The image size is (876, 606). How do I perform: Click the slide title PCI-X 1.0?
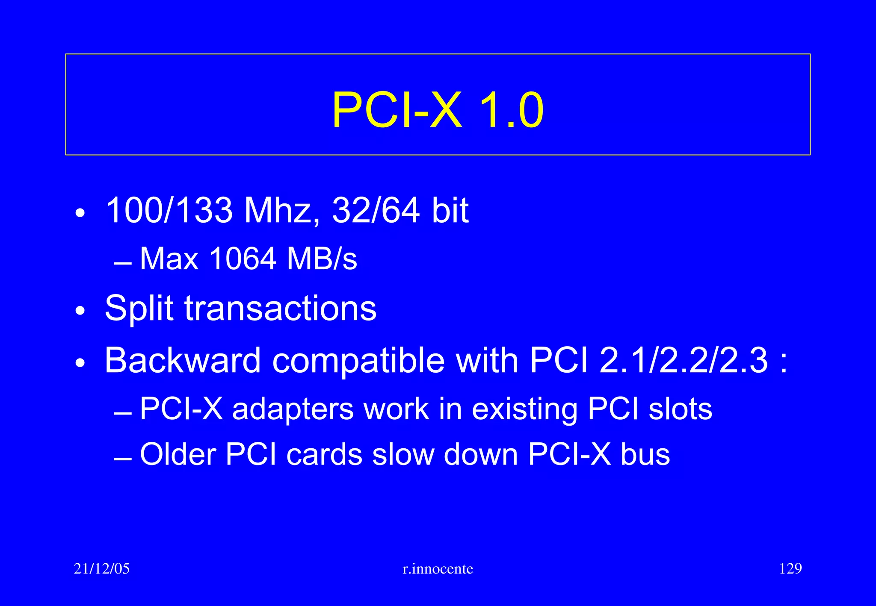438,110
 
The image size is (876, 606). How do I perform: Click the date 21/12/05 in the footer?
101,569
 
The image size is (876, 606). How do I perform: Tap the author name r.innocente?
438,569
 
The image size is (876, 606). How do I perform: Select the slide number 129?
790,569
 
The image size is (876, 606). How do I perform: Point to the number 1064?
243,259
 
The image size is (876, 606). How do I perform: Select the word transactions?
281,309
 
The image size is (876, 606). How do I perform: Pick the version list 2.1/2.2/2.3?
684,360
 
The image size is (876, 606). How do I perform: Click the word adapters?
293,409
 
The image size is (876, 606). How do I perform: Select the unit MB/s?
322,259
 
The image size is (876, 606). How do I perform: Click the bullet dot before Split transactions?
80,311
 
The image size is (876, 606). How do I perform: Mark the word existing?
525,409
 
